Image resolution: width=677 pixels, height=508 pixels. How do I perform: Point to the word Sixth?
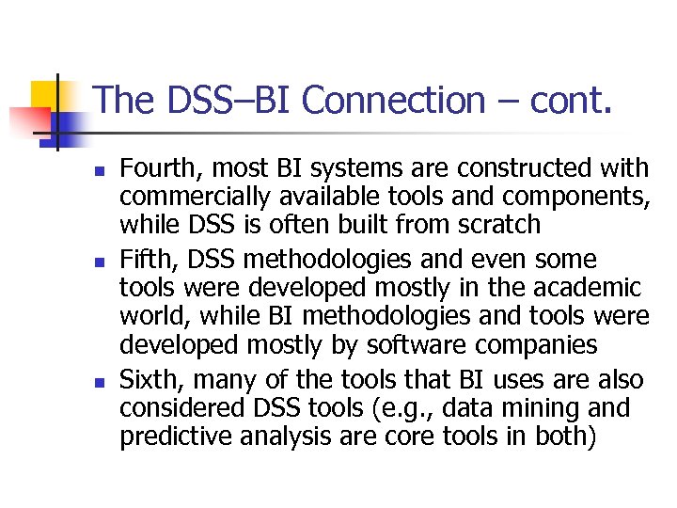click(x=150, y=380)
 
